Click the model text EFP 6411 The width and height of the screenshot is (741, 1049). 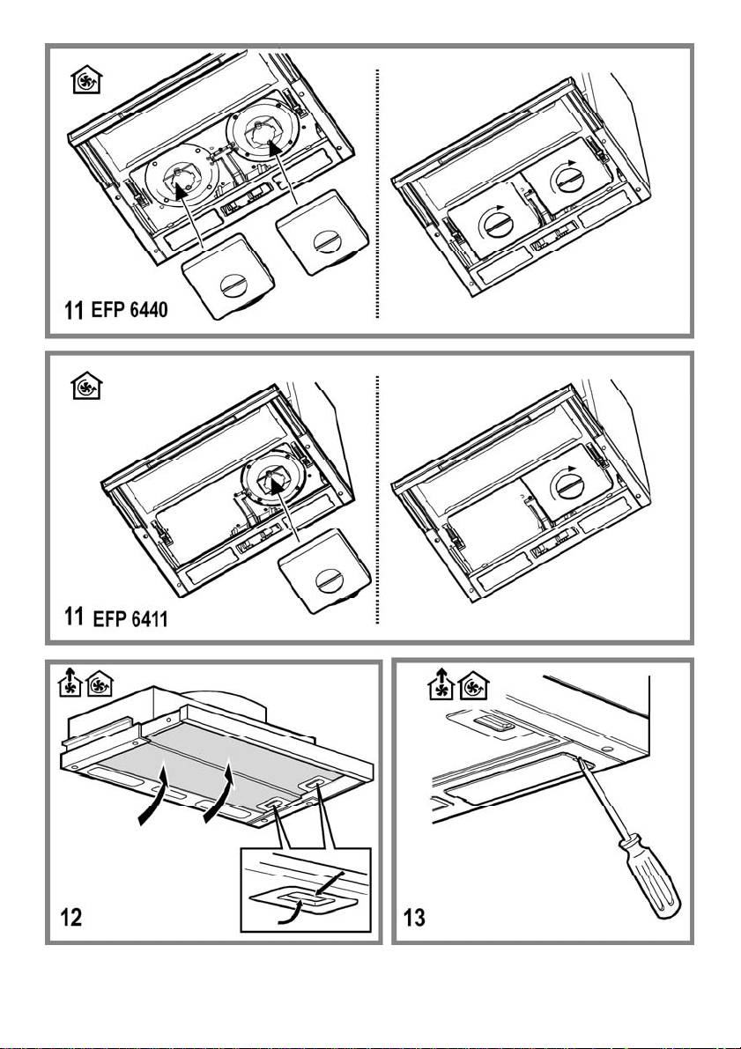131,619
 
